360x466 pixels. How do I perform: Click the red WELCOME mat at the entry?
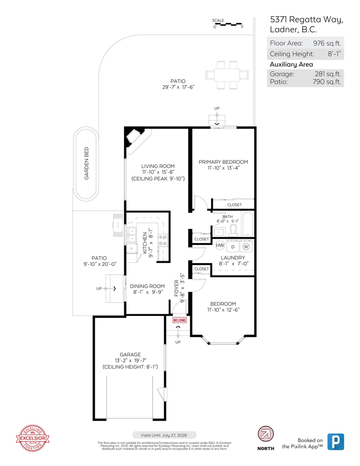click(179, 320)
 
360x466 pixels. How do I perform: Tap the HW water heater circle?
click(220, 245)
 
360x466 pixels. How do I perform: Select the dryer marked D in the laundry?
click(233, 246)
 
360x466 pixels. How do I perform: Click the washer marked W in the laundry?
click(246, 246)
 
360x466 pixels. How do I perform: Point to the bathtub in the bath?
click(247, 224)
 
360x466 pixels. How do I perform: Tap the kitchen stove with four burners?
click(163, 240)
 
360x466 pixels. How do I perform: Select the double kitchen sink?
click(132, 235)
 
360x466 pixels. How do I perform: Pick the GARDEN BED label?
click(87, 163)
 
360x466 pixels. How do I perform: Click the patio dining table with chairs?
click(227, 75)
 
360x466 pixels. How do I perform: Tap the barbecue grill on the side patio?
click(117, 225)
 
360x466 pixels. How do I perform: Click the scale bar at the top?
click(229, 24)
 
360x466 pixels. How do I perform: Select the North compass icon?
click(266, 435)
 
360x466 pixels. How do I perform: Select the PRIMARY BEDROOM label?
click(223, 162)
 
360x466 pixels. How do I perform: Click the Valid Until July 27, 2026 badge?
click(165, 435)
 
